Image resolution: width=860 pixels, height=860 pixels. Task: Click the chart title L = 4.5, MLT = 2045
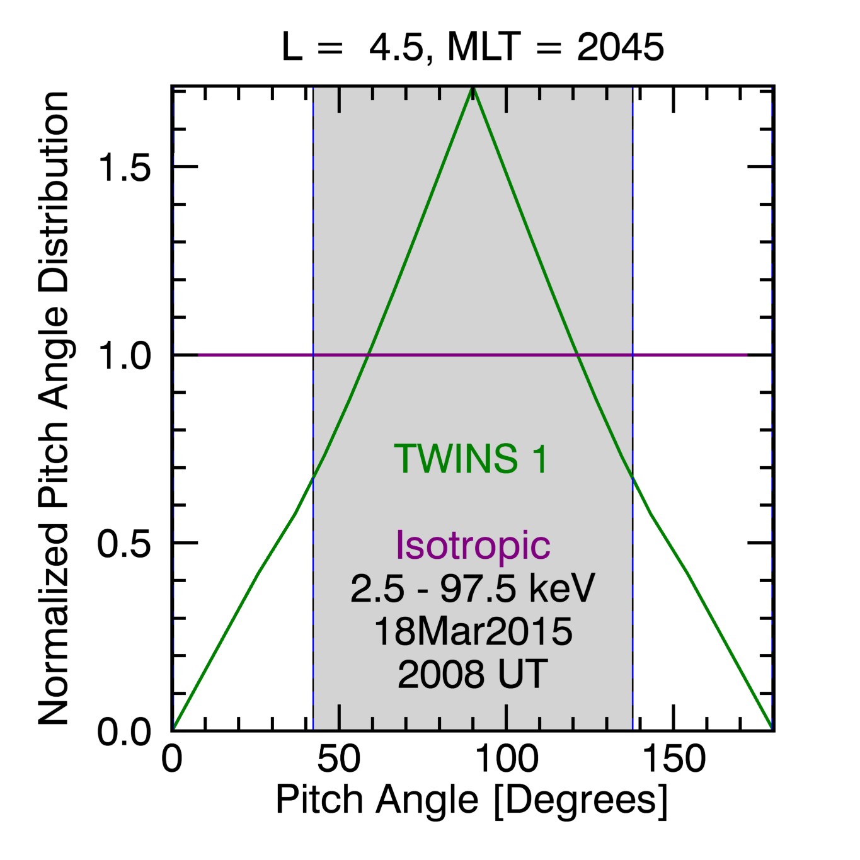[473, 47]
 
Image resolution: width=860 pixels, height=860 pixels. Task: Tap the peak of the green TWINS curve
[473, 89]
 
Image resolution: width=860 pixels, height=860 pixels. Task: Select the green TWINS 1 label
[471, 459]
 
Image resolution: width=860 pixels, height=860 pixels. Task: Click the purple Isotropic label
[473, 544]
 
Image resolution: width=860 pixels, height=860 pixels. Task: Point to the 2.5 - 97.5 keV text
[473, 588]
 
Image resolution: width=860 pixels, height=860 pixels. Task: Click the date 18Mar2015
[473, 631]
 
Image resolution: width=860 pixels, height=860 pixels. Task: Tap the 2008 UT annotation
[473, 674]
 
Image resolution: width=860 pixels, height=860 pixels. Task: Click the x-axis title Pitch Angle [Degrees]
[471, 801]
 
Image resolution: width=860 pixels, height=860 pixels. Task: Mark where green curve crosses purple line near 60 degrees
[367, 355]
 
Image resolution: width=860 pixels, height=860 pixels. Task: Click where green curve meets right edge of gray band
[633, 478]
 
